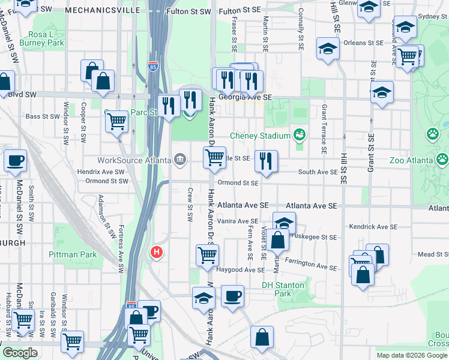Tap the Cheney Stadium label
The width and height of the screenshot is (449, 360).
259,136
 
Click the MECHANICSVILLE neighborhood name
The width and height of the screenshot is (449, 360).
97,11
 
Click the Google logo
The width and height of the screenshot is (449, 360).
20,353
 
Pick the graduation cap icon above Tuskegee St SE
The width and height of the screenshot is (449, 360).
285,223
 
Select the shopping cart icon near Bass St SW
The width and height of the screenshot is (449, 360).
116,121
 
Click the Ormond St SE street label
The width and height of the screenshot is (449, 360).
238,183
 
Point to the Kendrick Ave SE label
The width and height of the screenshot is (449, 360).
373,227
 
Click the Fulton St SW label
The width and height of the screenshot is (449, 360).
188,11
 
